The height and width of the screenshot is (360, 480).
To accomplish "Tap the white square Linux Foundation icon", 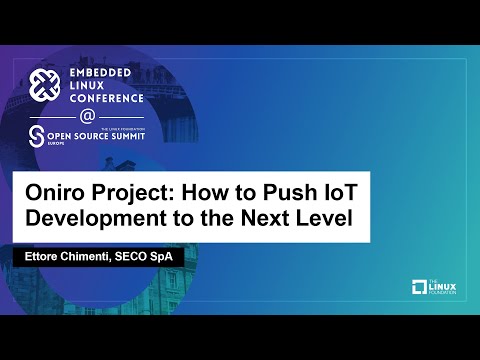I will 419,289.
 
